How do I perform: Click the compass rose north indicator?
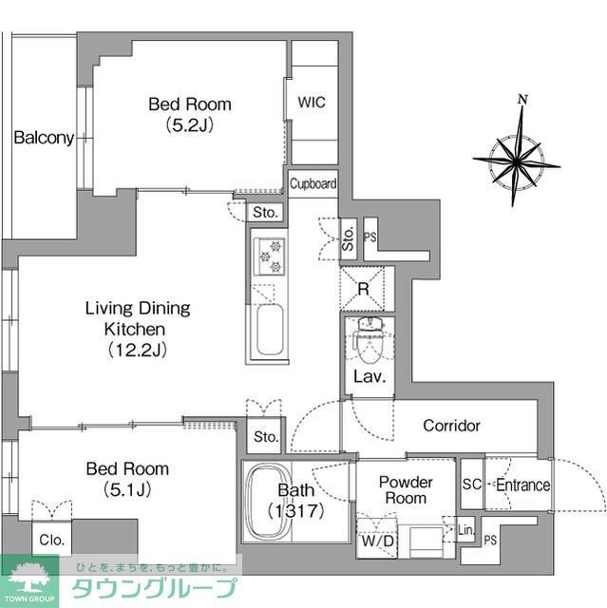tap(522, 99)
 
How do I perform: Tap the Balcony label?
tap(43, 138)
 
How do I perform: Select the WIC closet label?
tap(312, 103)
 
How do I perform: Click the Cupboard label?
tap(313, 183)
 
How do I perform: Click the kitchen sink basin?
tap(270, 329)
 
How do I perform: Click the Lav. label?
tap(368, 377)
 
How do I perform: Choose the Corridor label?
tap(451, 426)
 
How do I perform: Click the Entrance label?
tap(522, 485)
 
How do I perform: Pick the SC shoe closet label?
tap(471, 485)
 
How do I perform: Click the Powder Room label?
tap(406, 490)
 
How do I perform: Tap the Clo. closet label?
tap(51, 539)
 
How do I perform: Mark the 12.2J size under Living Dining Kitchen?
tap(137, 350)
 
